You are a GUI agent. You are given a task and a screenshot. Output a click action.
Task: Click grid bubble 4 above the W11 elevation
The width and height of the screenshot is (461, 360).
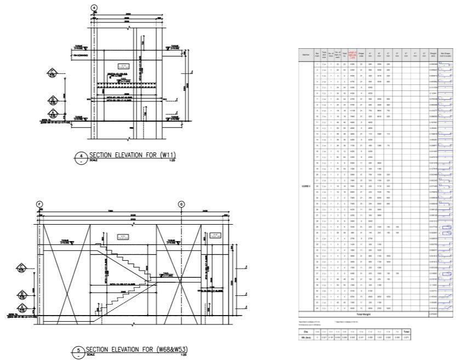pos(94,8)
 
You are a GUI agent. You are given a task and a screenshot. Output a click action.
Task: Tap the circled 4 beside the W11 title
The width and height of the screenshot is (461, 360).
pos(81,156)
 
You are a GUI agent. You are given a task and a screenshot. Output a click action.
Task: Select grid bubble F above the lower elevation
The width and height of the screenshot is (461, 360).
pos(39,204)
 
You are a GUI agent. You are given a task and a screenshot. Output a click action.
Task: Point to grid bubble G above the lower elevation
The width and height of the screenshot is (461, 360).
pos(181,204)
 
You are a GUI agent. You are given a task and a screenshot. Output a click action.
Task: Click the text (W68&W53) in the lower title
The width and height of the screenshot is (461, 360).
pos(172,348)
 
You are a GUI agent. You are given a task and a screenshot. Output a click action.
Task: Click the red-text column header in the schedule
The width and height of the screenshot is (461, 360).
pos(353,54)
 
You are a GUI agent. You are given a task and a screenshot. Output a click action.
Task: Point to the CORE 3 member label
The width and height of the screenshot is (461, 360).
pos(305,186)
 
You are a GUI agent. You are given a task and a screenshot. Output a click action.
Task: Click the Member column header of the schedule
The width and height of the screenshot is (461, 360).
pos(305,54)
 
